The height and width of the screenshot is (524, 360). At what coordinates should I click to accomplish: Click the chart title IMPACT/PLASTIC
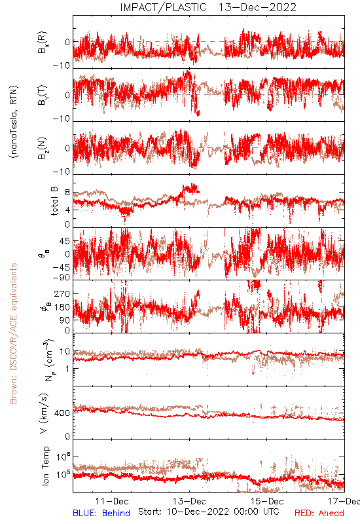click(163, 7)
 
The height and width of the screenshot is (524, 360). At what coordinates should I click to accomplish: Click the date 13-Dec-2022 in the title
click(257, 7)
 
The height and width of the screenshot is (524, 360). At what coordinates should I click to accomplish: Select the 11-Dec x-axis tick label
click(112, 501)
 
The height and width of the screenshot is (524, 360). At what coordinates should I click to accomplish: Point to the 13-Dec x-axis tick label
click(189, 501)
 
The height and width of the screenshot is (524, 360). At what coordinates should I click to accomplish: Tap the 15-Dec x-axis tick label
click(267, 501)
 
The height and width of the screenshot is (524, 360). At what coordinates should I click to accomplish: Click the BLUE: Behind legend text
click(101, 514)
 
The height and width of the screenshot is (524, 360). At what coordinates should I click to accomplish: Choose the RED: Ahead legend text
click(319, 514)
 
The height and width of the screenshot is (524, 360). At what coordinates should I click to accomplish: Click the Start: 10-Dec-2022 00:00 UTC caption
click(209, 512)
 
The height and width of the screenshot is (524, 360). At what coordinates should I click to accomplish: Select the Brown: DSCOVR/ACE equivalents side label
click(13, 333)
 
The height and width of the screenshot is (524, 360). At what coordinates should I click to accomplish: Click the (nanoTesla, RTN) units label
click(14, 121)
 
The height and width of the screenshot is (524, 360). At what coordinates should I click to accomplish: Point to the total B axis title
click(54, 201)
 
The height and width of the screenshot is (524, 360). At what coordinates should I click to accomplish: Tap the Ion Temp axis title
click(45, 466)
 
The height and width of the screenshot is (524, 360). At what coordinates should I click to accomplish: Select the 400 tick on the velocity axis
click(62, 413)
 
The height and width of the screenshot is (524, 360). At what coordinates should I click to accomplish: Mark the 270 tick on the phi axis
click(62, 293)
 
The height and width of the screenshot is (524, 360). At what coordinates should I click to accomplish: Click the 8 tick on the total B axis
click(67, 193)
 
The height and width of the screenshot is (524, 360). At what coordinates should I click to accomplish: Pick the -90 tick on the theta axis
click(62, 277)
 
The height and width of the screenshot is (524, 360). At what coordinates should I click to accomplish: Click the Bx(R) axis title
click(43, 43)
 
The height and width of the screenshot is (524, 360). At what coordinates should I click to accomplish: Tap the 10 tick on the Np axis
click(65, 351)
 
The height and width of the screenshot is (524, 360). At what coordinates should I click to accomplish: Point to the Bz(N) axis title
click(43, 148)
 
